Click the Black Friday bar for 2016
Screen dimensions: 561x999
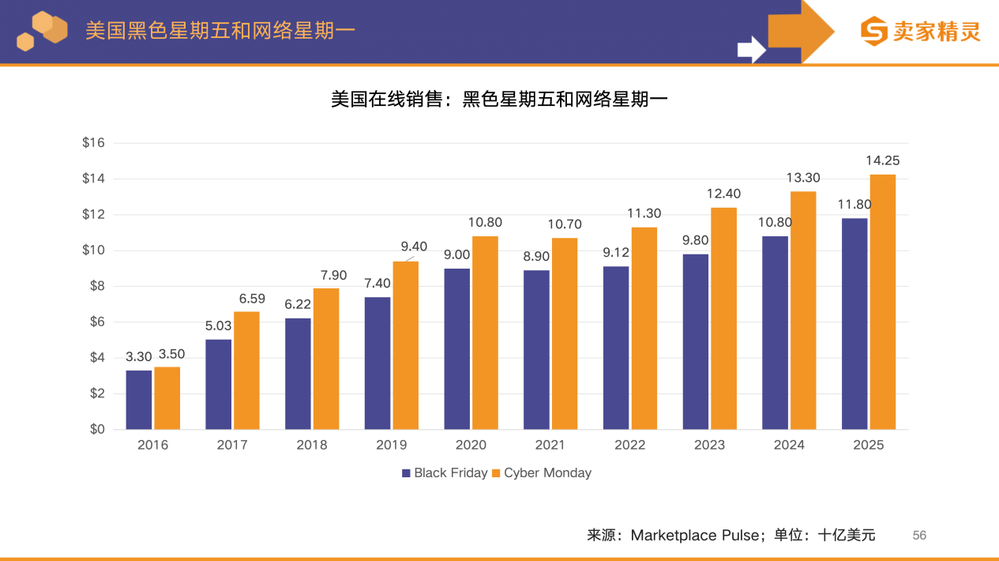[x=139, y=400]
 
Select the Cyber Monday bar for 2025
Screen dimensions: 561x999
[x=882, y=302]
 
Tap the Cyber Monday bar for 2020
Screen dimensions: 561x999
[x=485, y=333]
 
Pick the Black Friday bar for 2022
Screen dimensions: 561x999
[x=616, y=348]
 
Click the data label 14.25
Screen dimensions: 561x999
[x=882, y=160]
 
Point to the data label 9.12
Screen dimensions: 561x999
[x=616, y=253]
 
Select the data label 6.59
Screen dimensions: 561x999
[x=252, y=299]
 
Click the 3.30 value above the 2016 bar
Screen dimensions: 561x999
[x=139, y=357]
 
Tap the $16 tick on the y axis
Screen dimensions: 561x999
[x=93, y=143]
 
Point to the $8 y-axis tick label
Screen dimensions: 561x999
[x=96, y=286]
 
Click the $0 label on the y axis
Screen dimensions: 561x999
[x=96, y=430]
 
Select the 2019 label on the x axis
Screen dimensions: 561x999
[x=392, y=445]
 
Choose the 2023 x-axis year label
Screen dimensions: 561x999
[x=709, y=445]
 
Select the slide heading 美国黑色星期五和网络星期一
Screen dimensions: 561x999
[x=220, y=31]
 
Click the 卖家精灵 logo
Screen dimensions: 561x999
[x=920, y=31]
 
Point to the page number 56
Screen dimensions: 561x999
[x=919, y=536]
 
